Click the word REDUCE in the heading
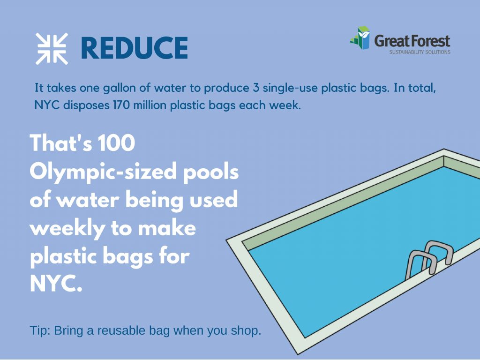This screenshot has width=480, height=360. pyautogui.click(x=135, y=48)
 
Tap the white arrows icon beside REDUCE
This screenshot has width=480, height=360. pyautogui.click(x=52, y=49)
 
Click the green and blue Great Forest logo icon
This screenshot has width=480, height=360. pyautogui.click(x=360, y=37)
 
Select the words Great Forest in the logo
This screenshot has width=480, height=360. pyautogui.click(x=412, y=41)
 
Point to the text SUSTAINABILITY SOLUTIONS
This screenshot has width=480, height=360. pyautogui.click(x=420, y=52)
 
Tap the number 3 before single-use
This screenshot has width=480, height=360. pyautogui.click(x=256, y=88)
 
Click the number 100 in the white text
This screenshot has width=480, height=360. pyautogui.click(x=117, y=143)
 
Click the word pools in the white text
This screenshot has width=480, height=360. pyautogui.click(x=211, y=172)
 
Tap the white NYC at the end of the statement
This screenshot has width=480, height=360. pyautogui.click(x=56, y=284)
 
